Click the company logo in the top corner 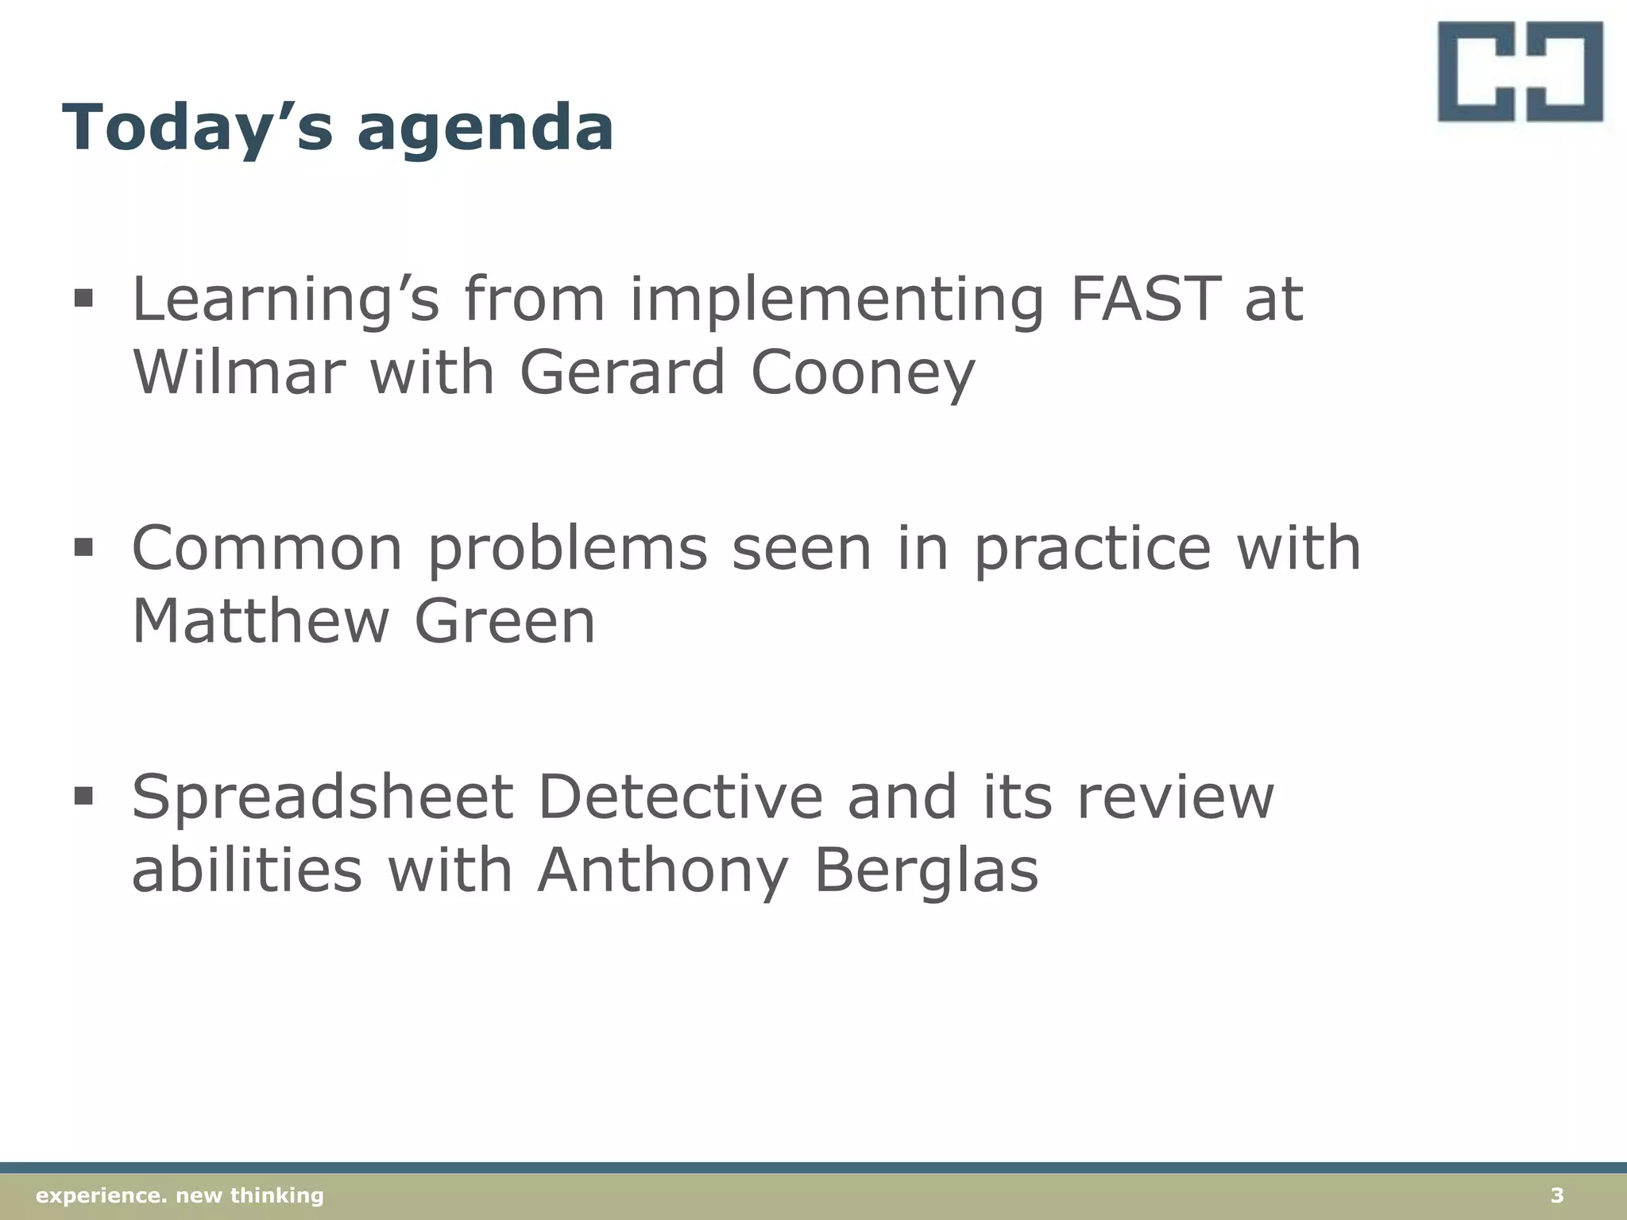(x=1520, y=71)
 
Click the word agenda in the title (x=485, y=129)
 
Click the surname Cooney (x=862, y=373)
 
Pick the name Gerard (x=622, y=372)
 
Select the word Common (x=267, y=548)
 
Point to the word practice (x=1092, y=548)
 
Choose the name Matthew (x=260, y=621)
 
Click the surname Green (x=504, y=621)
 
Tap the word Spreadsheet (x=322, y=798)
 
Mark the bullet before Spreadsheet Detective (x=83, y=795)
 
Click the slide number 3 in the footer (x=1556, y=1195)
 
